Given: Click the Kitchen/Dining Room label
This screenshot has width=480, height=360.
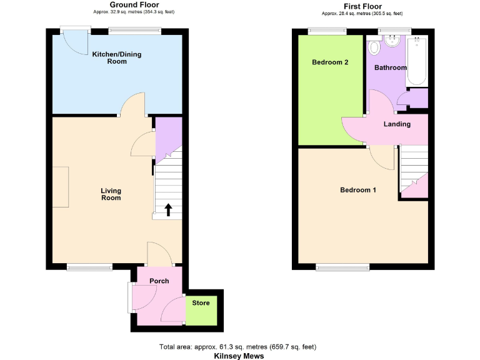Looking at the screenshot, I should tap(117, 57).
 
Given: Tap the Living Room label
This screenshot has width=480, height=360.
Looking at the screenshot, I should tap(111, 194).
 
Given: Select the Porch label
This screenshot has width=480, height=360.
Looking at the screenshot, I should tap(159, 281).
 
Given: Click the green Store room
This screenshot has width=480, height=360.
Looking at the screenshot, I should tap(201, 309).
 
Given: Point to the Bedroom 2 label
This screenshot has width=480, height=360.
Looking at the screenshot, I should tap(330, 62).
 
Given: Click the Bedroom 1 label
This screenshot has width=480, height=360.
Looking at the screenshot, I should tap(357, 190).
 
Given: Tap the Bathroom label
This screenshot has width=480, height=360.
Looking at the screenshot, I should tap(391, 67).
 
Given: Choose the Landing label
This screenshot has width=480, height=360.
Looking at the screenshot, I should tap(397, 124).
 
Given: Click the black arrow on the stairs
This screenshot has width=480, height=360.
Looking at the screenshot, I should tap(168, 209).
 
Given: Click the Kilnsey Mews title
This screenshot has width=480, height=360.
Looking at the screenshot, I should tap(239, 356).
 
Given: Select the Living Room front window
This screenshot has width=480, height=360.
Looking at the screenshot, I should tap(89, 267).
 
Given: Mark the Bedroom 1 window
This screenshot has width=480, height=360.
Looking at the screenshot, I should tap(339, 267).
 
